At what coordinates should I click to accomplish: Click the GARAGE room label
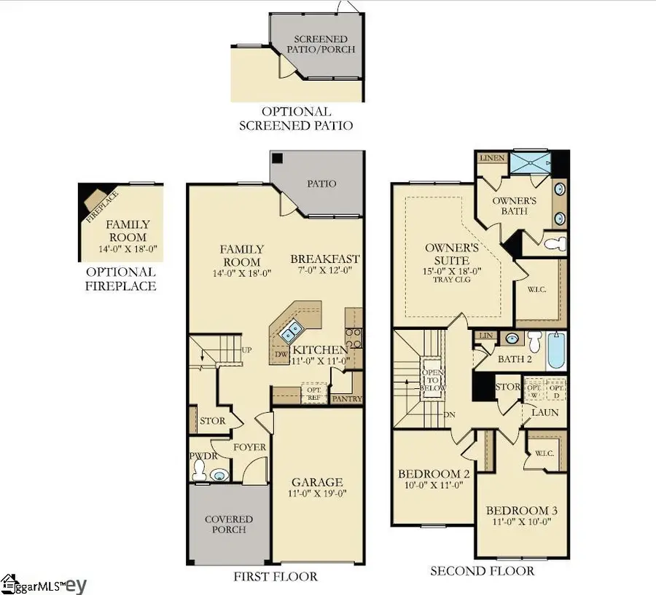click(x=317, y=482)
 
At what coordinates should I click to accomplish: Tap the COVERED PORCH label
click(x=228, y=524)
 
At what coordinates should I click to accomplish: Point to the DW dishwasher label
click(x=281, y=355)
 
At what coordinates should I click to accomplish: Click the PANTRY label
click(x=346, y=399)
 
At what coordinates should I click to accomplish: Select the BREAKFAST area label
click(x=326, y=259)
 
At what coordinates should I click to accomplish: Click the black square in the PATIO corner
click(x=277, y=158)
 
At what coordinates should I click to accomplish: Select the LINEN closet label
click(x=488, y=158)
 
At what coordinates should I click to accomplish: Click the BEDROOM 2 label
click(x=433, y=473)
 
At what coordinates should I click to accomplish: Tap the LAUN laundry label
click(x=544, y=412)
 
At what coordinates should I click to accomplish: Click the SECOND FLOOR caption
click(x=482, y=571)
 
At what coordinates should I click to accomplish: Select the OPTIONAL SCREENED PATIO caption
click(x=296, y=118)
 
